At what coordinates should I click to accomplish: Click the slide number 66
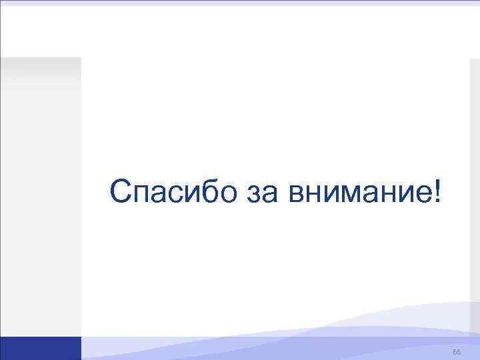(456, 351)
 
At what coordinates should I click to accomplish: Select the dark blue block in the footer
(40, 348)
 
